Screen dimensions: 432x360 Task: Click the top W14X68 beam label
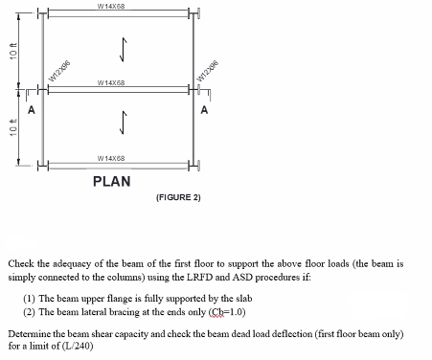[115, 6]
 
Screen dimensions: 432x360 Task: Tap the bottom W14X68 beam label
[115, 158]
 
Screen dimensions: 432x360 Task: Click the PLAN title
[112, 181]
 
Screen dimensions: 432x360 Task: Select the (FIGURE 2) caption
[177, 197]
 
